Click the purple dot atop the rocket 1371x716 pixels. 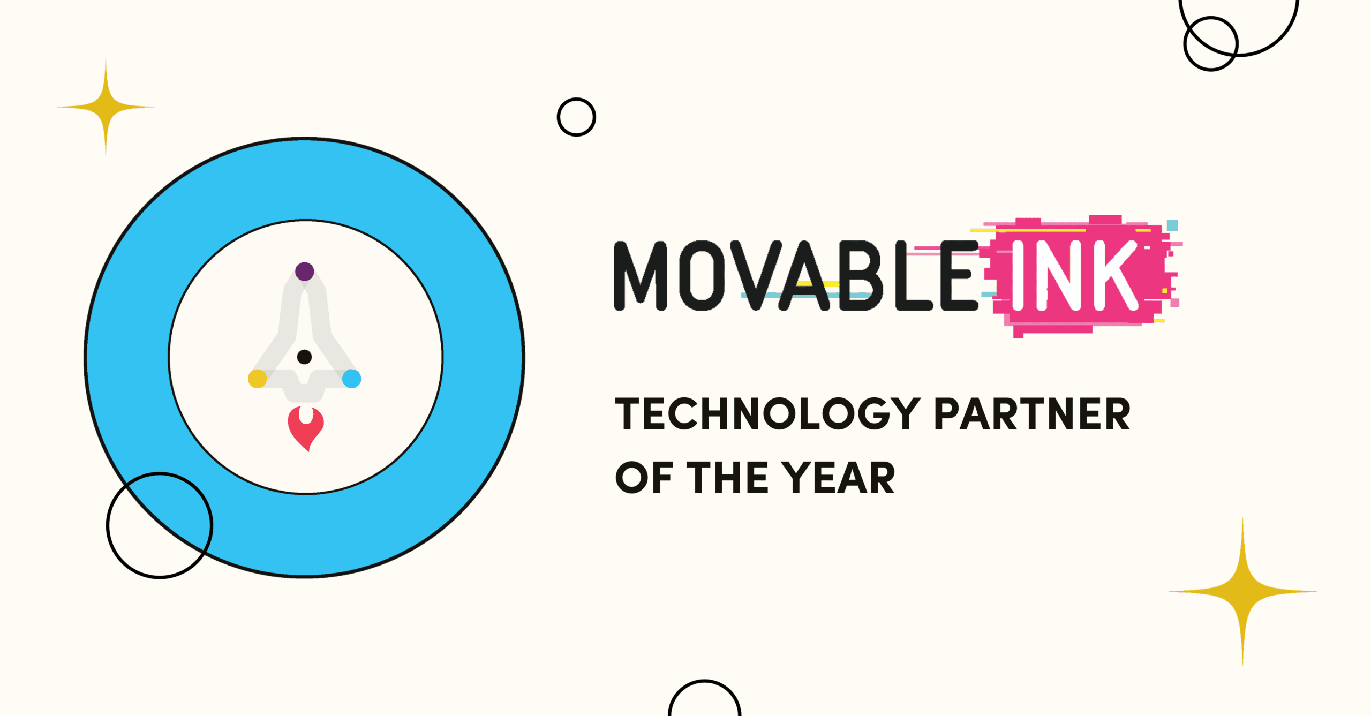[x=304, y=271]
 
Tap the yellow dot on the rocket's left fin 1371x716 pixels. [x=257, y=378]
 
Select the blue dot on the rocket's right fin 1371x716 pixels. [x=351, y=378]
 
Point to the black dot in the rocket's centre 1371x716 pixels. [x=304, y=357]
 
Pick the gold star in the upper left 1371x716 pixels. [x=106, y=107]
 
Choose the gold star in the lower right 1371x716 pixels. [x=1242, y=591]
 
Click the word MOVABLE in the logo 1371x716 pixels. [x=796, y=276]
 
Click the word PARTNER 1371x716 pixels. [x=1032, y=414]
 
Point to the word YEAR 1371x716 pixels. [x=838, y=478]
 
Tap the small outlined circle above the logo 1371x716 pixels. [x=576, y=117]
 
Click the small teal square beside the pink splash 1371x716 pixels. [x=1172, y=225]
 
